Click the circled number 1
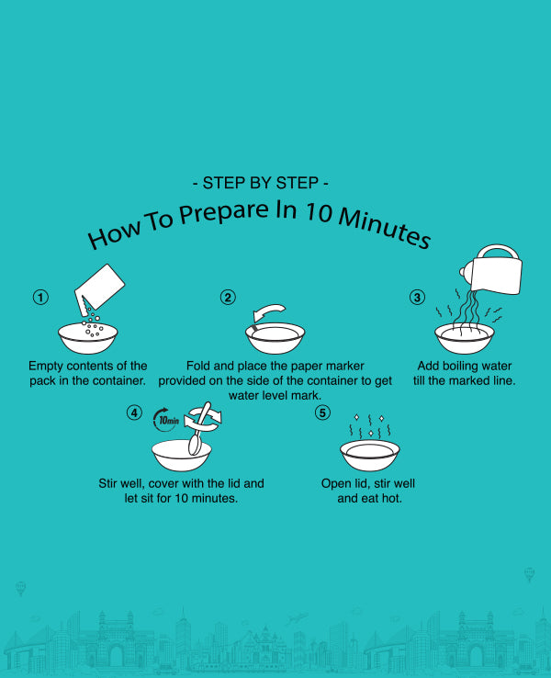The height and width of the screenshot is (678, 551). pos(40,298)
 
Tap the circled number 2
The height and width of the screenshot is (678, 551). pos(228,298)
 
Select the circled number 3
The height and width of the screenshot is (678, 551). pos(417,298)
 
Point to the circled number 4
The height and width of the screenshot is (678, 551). pos(134,412)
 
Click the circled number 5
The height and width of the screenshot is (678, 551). pos(322,412)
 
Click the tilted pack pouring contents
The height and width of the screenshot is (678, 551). pos(99,288)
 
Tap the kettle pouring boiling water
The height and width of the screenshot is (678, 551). pos(492,270)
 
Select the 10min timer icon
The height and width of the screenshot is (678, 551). pos(166,420)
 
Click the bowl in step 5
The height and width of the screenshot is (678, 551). pos(370,456)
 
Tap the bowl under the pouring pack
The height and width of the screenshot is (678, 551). pos(88,338)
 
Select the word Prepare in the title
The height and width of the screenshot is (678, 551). pos(224,211)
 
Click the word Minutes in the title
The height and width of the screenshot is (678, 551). pos(384,227)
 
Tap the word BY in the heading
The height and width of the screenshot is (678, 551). pos(261,184)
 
